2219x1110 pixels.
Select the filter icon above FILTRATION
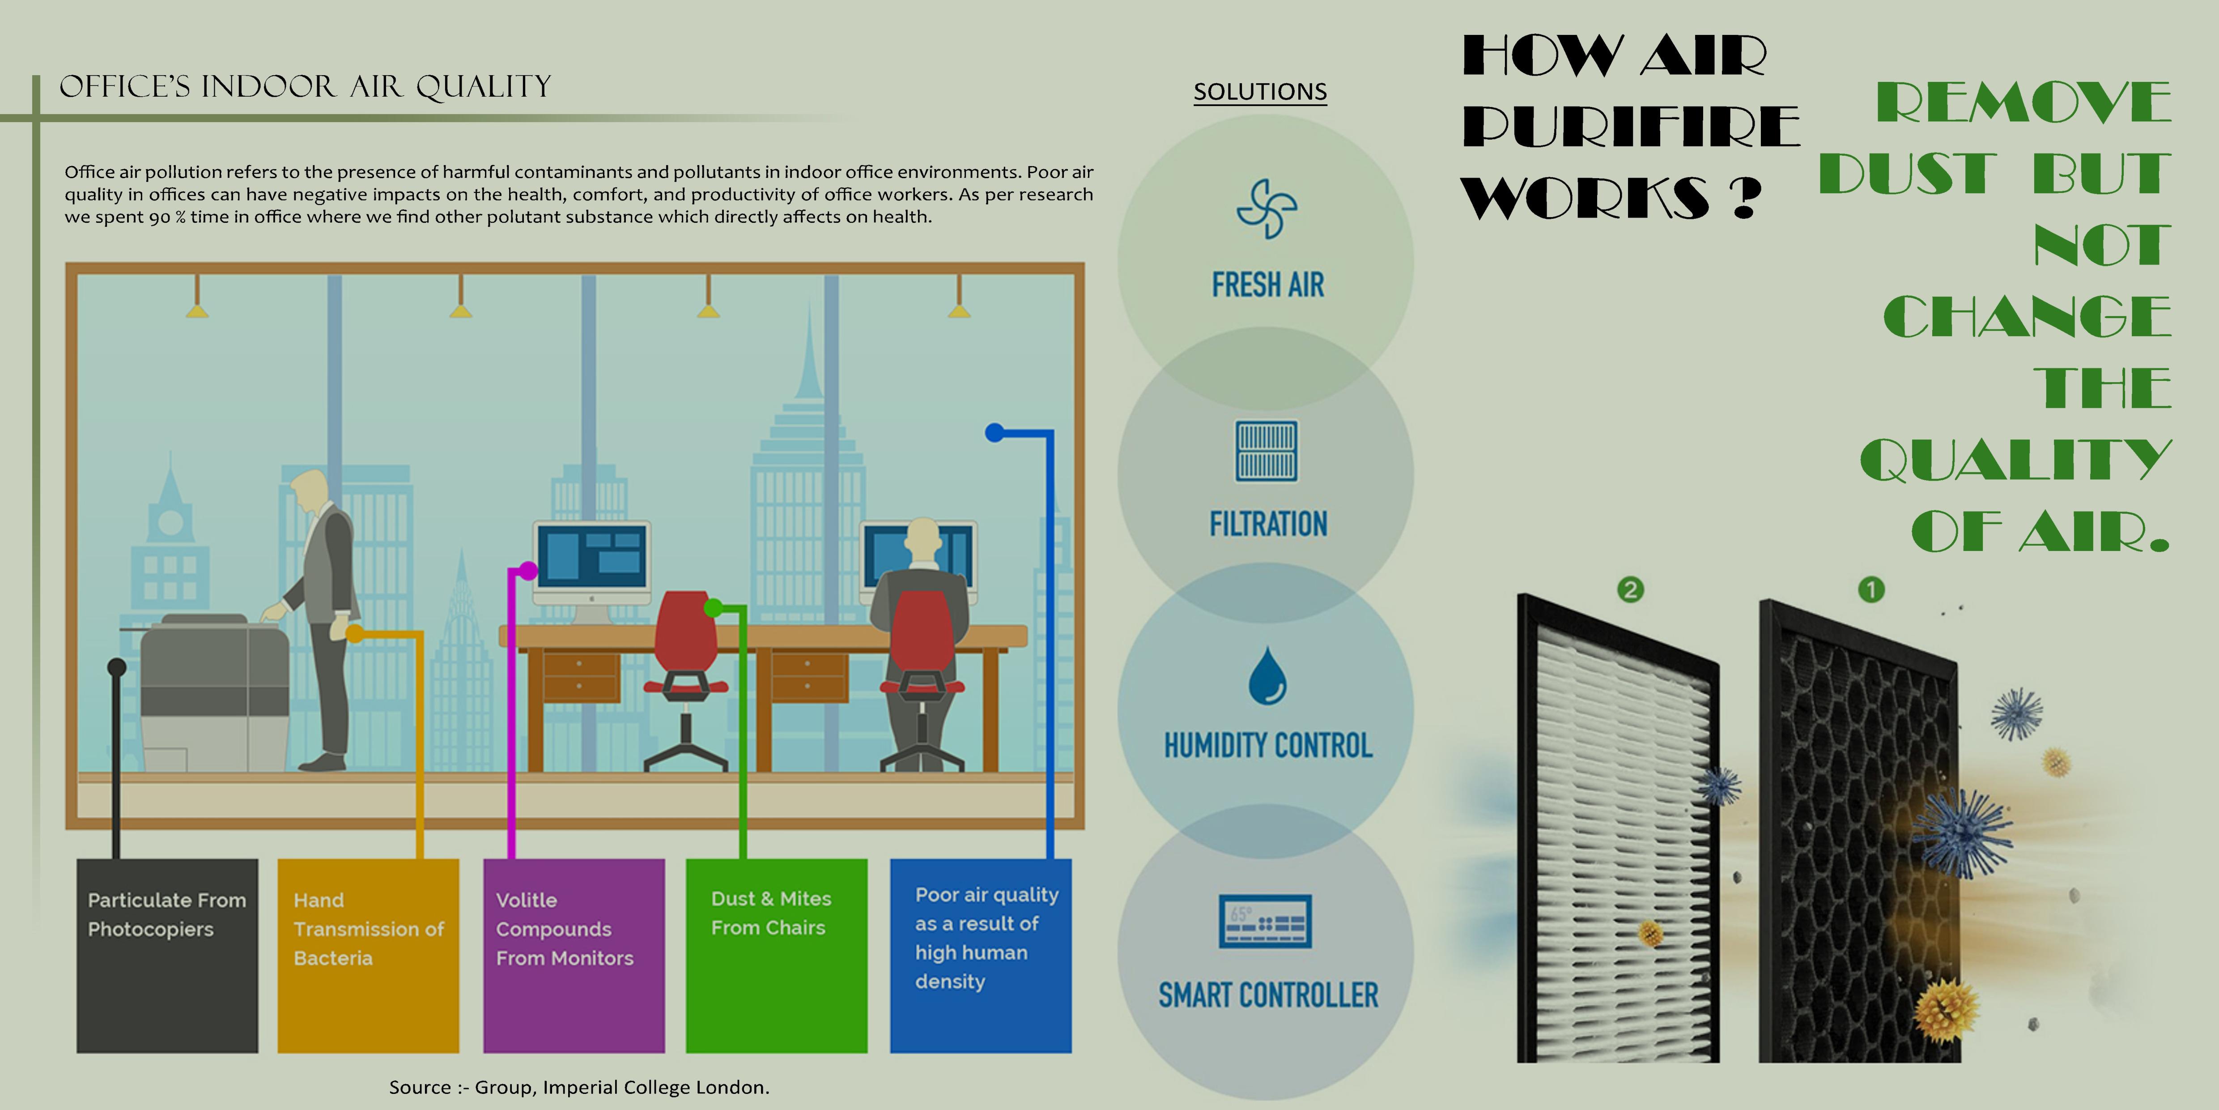[1266, 451]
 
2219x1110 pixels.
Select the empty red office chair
[686, 655]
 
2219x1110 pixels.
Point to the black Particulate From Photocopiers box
[167, 955]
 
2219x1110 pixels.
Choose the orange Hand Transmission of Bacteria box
[368, 955]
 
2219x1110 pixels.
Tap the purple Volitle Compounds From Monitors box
[574, 955]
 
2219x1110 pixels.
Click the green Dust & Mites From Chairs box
[776, 955]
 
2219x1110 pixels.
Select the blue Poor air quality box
[980, 955]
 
